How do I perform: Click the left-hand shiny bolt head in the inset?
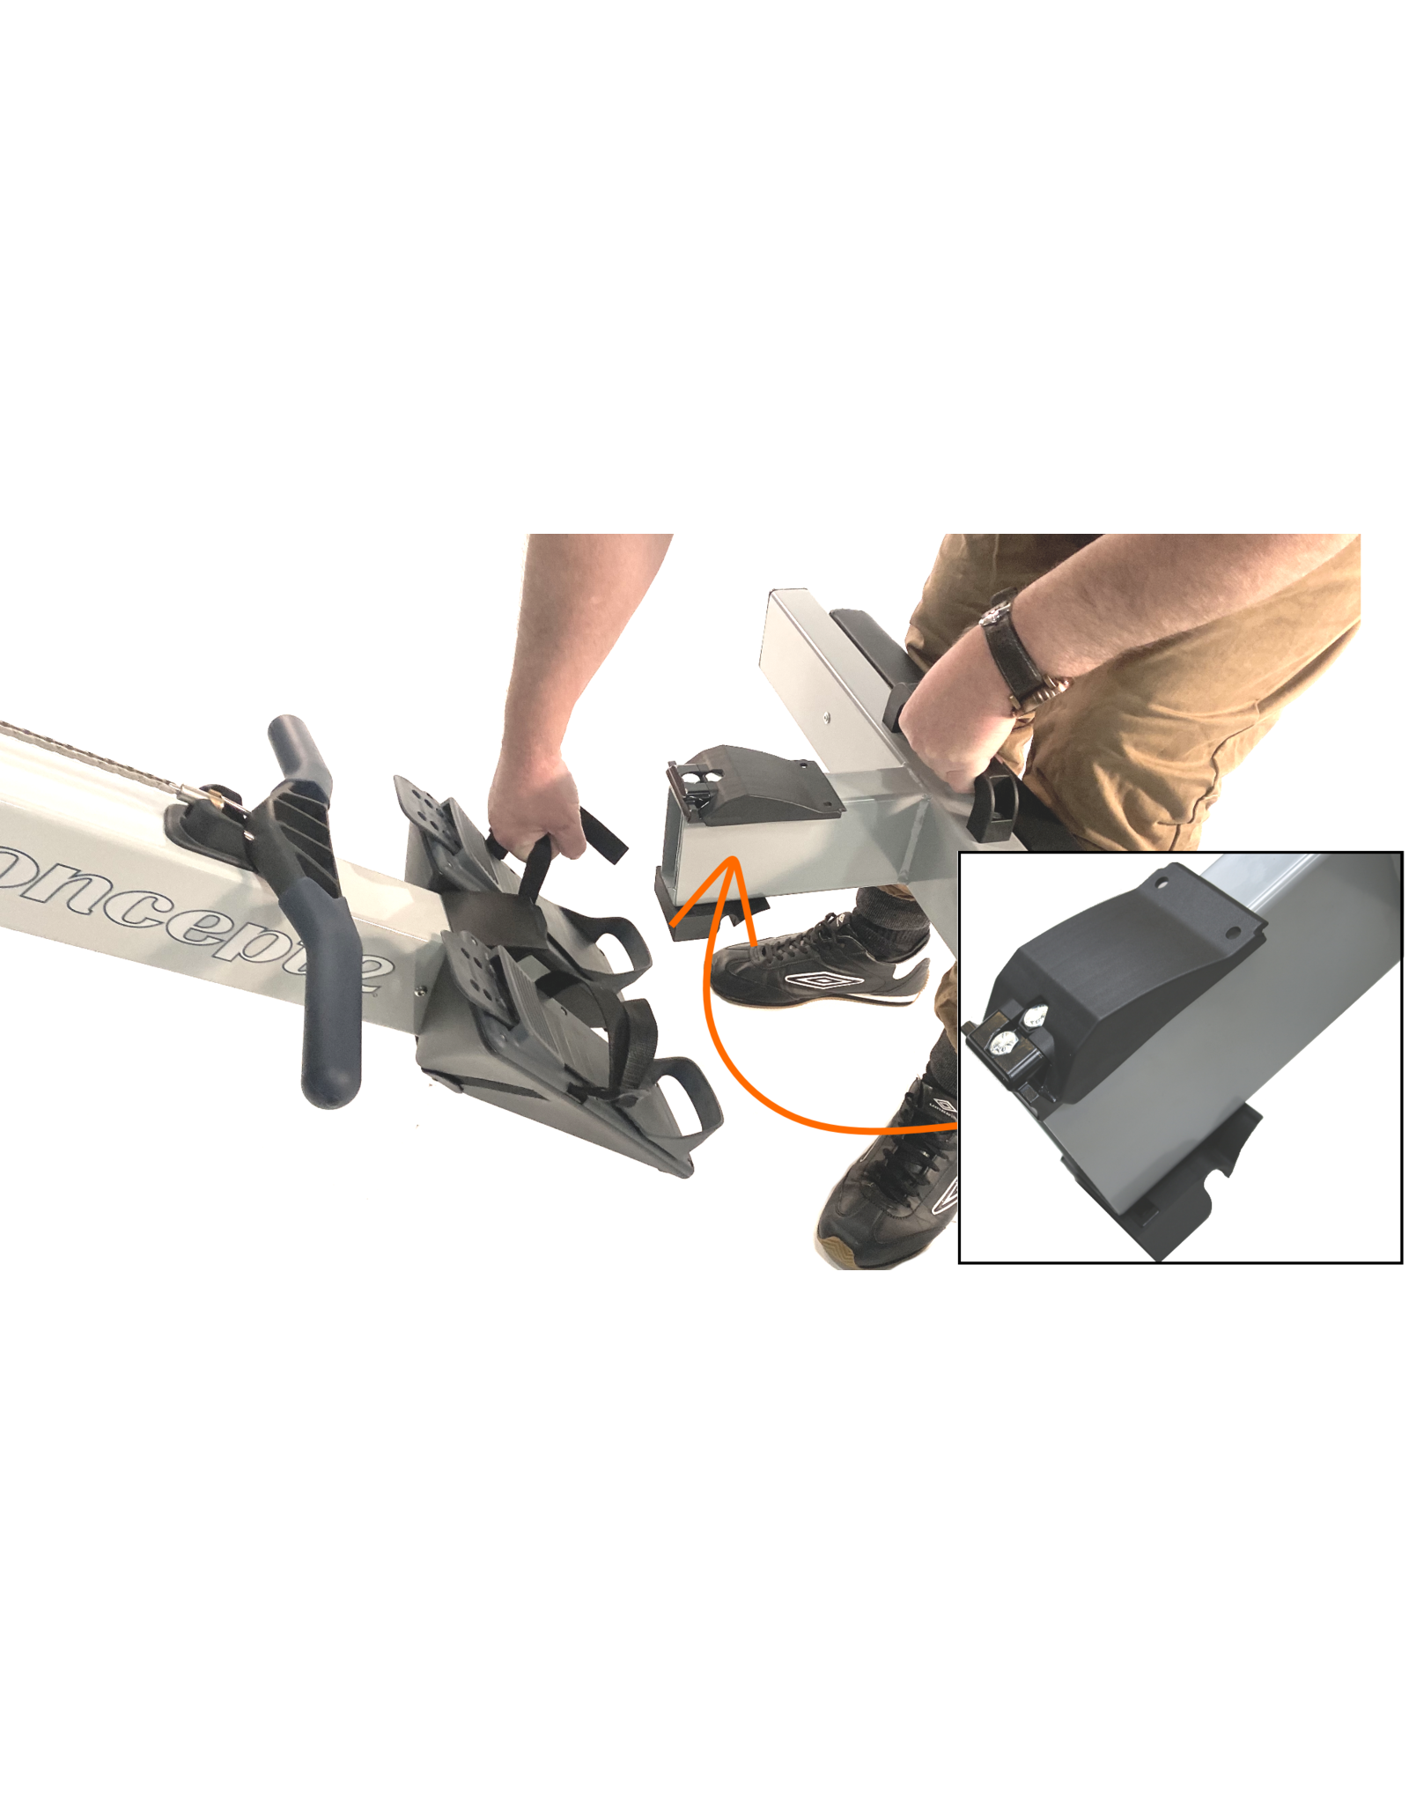[x=1000, y=1044]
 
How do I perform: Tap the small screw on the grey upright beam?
[x=827, y=717]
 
